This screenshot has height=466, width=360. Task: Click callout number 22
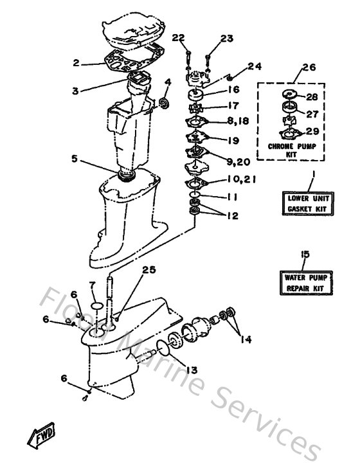(178, 39)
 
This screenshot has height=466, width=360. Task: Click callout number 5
(75, 157)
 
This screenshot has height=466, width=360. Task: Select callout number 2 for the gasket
(76, 63)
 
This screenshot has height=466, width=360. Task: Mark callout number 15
(305, 255)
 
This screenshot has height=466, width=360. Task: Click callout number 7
(92, 285)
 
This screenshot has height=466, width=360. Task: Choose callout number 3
(76, 91)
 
